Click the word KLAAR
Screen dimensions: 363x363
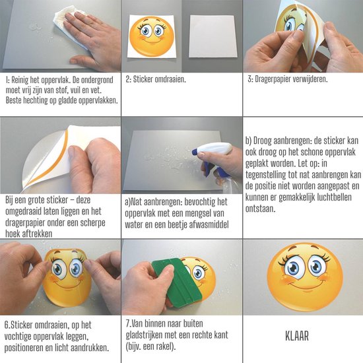point(297,336)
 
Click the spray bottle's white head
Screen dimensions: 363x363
point(216,149)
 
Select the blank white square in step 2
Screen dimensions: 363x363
point(213,36)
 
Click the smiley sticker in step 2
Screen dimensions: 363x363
point(151,36)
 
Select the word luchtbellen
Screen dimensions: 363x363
point(335,197)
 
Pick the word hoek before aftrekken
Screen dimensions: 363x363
point(13,234)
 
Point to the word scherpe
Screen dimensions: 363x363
point(92,222)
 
